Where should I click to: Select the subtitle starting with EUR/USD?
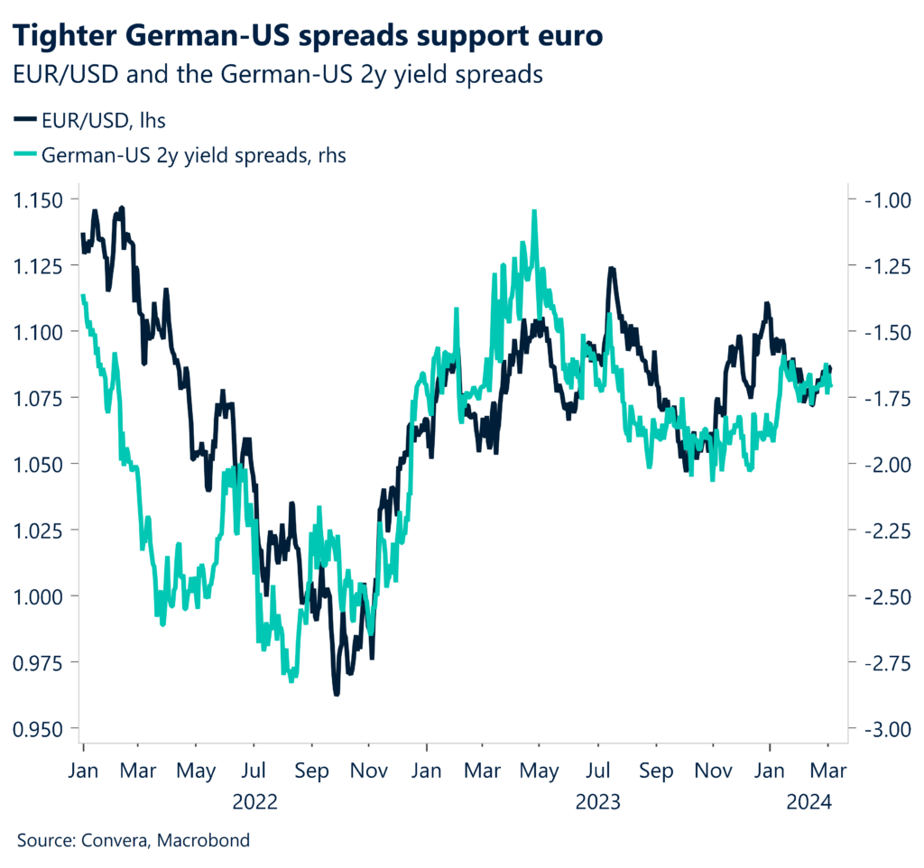[x=279, y=74]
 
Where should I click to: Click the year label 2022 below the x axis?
[x=254, y=800]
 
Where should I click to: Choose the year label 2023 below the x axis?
[x=596, y=800]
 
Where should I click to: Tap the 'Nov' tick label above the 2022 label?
[x=368, y=772]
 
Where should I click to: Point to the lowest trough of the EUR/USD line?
[x=337, y=693]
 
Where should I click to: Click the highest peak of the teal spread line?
[x=534, y=212]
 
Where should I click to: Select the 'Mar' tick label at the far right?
[x=828, y=772]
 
